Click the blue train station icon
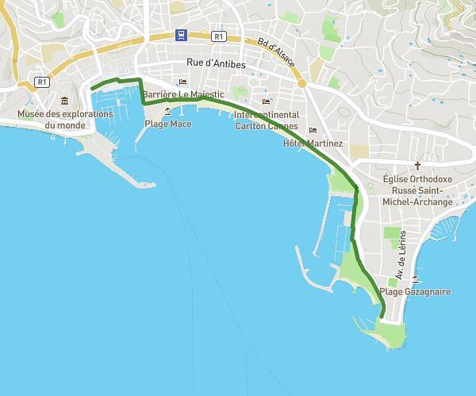point(182,35)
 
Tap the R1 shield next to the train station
point(219,36)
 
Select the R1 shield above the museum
point(42,82)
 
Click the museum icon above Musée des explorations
point(64,101)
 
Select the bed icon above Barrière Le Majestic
point(183,82)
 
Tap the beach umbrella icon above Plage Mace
point(167,112)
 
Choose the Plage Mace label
point(167,124)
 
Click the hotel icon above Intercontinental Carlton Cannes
point(267,101)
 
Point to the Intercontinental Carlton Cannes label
point(267,120)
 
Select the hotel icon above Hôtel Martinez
point(313,130)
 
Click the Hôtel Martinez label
point(313,143)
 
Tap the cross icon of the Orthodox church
point(417,167)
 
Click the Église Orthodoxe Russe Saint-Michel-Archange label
point(417,191)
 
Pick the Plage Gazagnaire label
point(415,292)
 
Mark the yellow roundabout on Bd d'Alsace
point(301,83)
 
